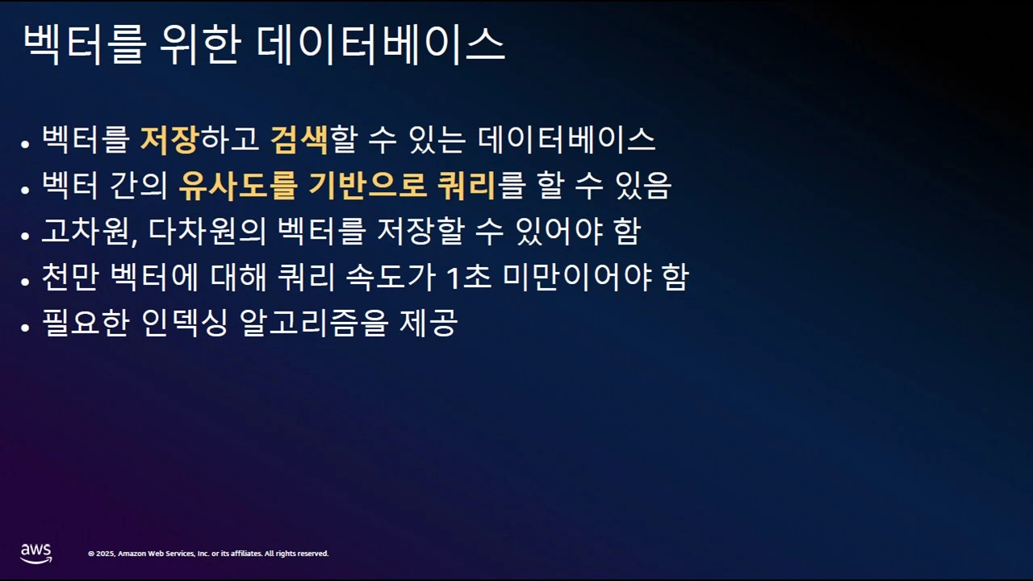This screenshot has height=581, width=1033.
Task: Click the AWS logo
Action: click(x=36, y=552)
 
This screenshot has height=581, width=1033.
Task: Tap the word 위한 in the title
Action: click(x=199, y=44)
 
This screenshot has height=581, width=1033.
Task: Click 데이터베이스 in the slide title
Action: click(x=380, y=44)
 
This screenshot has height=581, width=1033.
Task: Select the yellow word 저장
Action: click(x=169, y=140)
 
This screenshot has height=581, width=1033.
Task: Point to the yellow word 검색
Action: click(x=299, y=140)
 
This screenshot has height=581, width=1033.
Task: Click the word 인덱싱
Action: click(x=183, y=324)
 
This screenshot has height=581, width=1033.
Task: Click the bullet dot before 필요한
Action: click(x=26, y=327)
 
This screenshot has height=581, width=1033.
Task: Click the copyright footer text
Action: click(x=208, y=554)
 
